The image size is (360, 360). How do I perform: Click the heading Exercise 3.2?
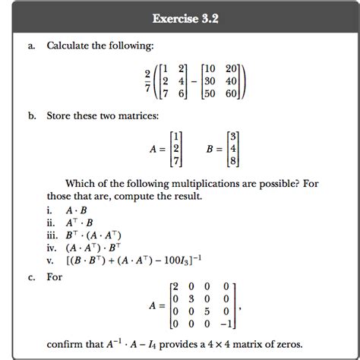coord(180,16)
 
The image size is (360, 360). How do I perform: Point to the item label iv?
coord(51,247)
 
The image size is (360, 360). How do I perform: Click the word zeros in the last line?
coord(295,344)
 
